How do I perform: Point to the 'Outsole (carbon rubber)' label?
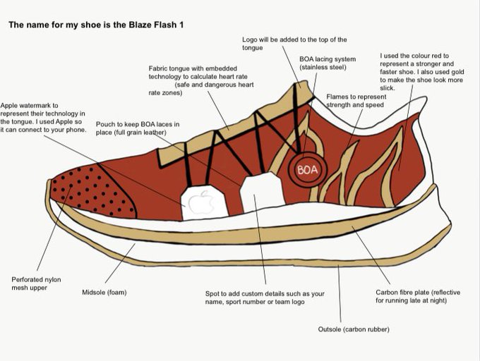tap(354, 329)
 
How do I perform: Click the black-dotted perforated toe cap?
tap(95, 188)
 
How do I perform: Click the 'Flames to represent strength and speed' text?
tap(356, 101)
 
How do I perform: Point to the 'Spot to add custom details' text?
tap(264, 297)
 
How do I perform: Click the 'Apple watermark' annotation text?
tap(43, 117)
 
